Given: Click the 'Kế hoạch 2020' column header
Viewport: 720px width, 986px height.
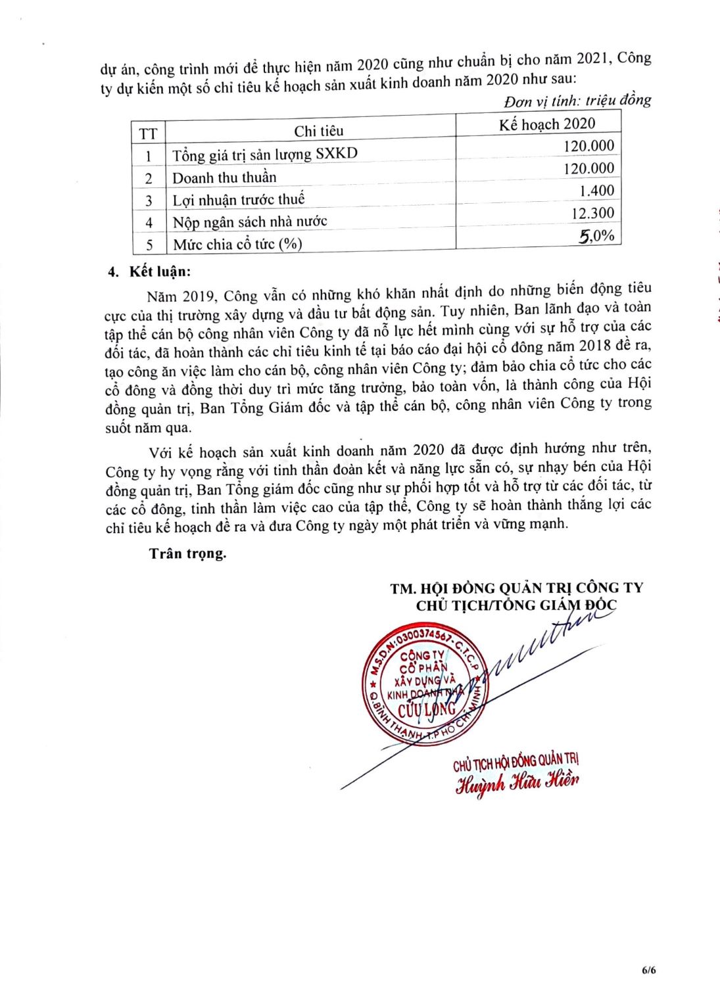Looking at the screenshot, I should coord(546,124).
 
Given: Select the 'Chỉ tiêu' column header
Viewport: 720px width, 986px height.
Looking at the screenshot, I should coord(318,131).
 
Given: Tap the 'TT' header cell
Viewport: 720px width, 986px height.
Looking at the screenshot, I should coord(149,134).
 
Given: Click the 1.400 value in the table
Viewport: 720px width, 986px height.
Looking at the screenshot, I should coord(596,191).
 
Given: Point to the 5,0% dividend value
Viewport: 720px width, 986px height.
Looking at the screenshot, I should coord(596,236).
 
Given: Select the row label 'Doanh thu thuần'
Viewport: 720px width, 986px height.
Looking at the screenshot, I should coord(224,177).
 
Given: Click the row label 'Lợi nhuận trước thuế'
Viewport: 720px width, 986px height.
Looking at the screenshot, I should coord(239,200).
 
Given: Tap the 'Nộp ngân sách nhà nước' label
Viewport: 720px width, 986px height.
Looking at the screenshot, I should coord(250,222).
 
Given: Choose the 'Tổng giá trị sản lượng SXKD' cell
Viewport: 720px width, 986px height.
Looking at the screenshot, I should coord(265,154).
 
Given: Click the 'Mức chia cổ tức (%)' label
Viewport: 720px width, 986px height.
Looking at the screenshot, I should coord(237,245).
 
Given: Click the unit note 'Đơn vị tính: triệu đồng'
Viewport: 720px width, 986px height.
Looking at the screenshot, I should coord(577,101).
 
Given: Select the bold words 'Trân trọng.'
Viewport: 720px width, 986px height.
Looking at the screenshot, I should coord(187,553).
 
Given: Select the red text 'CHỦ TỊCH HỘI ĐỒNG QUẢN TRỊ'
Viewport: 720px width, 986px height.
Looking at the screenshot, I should coord(516,763).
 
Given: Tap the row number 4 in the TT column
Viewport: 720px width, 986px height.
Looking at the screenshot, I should coord(149,222).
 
